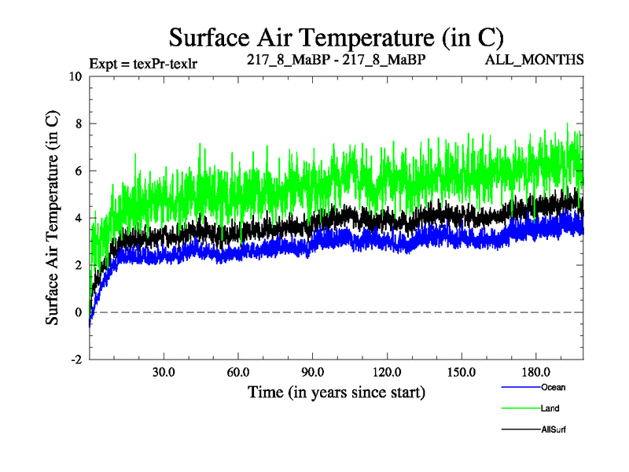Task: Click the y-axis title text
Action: click(x=53, y=217)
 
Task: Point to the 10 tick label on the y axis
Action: click(x=75, y=76)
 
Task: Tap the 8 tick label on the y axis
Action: click(x=78, y=124)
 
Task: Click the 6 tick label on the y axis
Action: click(x=78, y=171)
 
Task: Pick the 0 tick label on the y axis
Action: click(x=78, y=312)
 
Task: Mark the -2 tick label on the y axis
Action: click(x=75, y=360)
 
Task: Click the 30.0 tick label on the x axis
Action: click(x=164, y=371)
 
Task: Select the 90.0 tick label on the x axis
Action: click(x=312, y=371)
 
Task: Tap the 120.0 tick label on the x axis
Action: click(x=386, y=371)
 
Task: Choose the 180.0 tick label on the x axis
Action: click(x=535, y=371)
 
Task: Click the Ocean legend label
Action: click(x=553, y=387)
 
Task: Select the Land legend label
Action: click(x=550, y=408)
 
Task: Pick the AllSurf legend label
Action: click(x=554, y=430)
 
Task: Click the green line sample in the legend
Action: click(x=520, y=408)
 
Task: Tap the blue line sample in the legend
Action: click(x=520, y=387)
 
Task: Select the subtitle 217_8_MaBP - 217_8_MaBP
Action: click(x=336, y=60)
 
